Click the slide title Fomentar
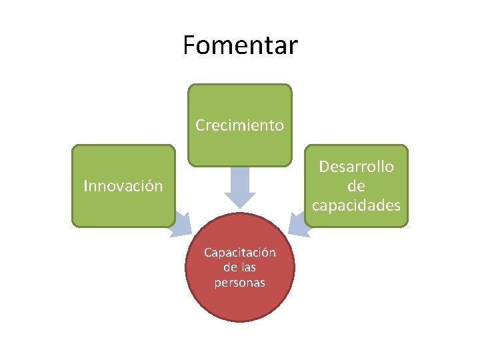click(x=240, y=45)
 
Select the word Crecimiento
click(x=239, y=125)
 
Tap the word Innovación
click(x=123, y=186)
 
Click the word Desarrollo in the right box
click(x=356, y=167)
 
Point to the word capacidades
click(x=356, y=205)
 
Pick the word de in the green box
click(x=356, y=186)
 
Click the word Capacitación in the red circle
click(x=239, y=253)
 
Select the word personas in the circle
click(x=239, y=283)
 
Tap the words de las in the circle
click(x=239, y=267)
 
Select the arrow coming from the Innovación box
click(x=179, y=223)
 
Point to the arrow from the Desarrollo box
click(x=301, y=223)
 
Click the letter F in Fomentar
click(x=189, y=45)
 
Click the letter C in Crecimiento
click(x=200, y=125)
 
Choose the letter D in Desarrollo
click(x=323, y=167)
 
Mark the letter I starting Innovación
click(x=85, y=186)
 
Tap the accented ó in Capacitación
click(x=266, y=253)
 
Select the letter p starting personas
click(x=217, y=283)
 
